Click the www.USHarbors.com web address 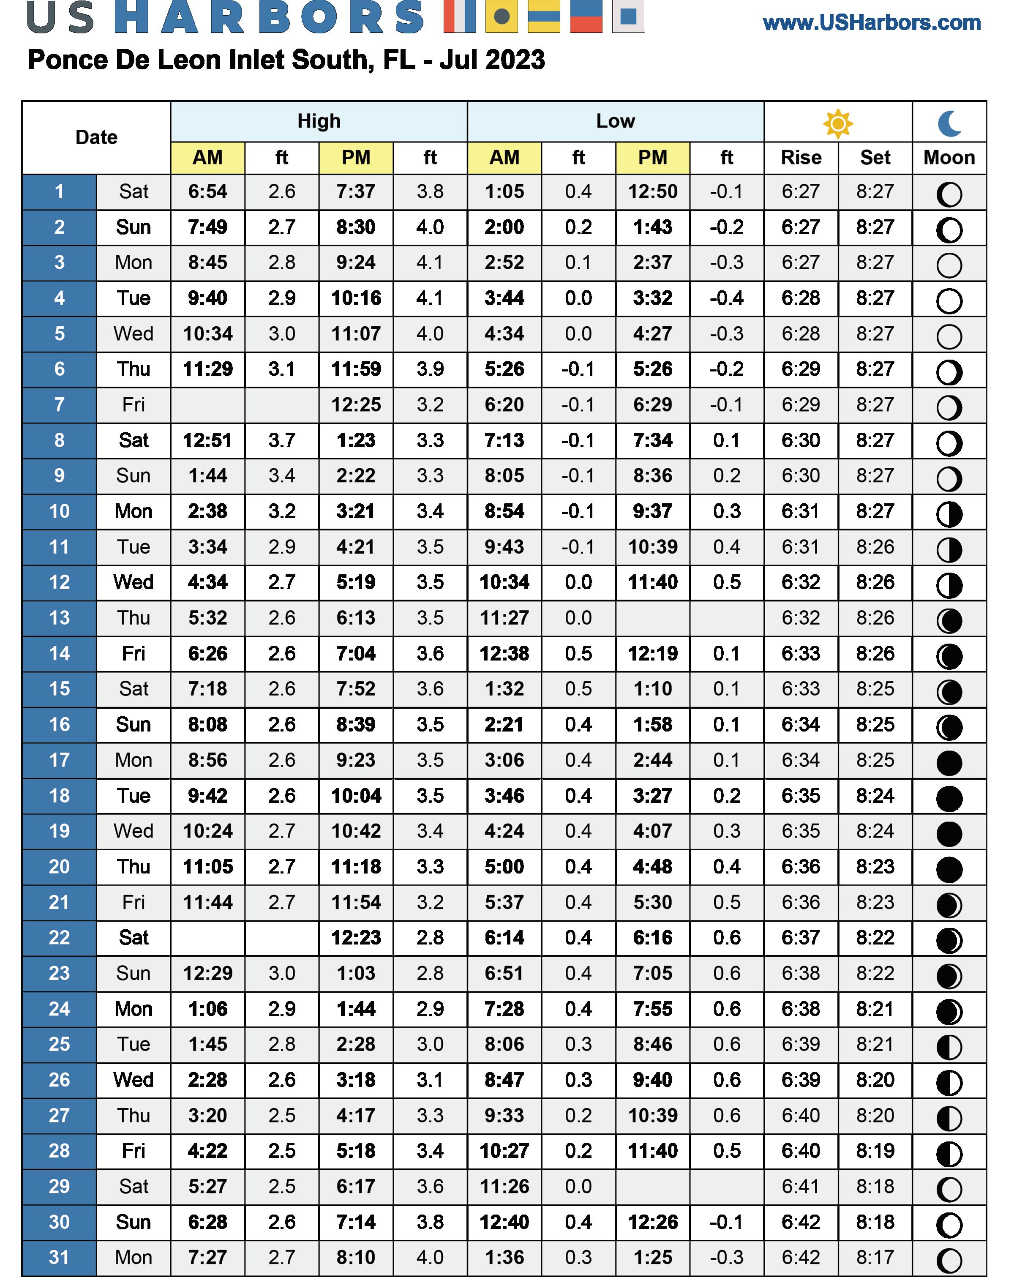pos(872,23)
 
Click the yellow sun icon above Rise pos(838,123)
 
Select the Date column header pos(96,137)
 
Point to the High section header pos(319,121)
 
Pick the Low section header pos(615,121)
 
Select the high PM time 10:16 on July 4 pos(356,298)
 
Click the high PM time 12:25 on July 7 pos(356,405)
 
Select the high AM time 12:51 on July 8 pos(208,440)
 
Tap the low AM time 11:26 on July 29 pos(504,1187)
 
